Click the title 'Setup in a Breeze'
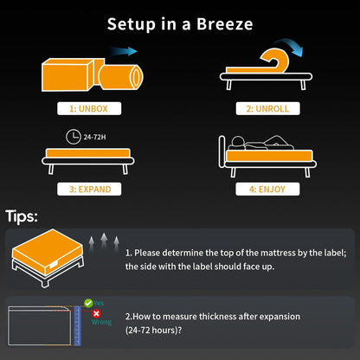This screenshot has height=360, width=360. (180, 24)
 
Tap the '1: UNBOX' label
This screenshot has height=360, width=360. (88, 109)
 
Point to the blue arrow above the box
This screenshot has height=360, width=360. (125, 52)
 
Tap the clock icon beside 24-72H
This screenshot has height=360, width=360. (70, 135)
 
